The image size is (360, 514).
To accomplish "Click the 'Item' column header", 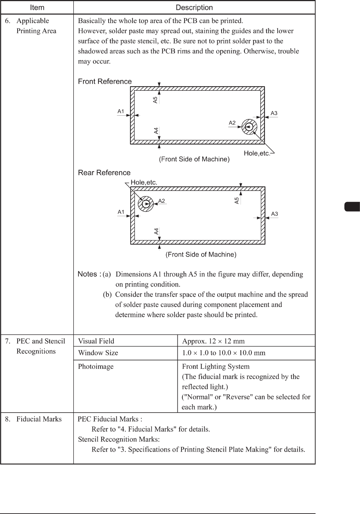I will (37, 7).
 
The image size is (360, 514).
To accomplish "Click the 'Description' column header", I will (194, 7).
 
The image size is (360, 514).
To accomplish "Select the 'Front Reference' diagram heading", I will (105, 81).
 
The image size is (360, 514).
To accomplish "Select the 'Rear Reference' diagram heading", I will (104, 173).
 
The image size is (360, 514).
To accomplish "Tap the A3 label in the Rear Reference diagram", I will (274, 214).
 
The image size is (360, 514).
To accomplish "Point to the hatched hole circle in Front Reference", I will (249, 127).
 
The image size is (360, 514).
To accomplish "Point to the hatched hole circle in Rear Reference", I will (146, 204).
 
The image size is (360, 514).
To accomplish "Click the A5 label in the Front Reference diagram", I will (155, 100).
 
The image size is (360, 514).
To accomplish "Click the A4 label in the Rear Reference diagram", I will (156, 232).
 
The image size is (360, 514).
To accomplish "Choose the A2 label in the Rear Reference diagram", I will (162, 201).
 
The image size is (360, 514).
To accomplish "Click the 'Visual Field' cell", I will (96, 341).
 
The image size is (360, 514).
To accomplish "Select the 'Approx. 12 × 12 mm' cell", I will (213, 341).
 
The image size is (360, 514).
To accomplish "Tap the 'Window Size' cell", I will (98, 353).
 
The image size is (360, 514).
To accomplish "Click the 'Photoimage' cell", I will (96, 367).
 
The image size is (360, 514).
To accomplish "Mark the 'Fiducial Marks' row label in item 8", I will (39, 419).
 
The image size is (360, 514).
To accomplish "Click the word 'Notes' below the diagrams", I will (88, 274).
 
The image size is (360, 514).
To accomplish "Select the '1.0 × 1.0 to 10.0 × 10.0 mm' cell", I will (224, 353).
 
